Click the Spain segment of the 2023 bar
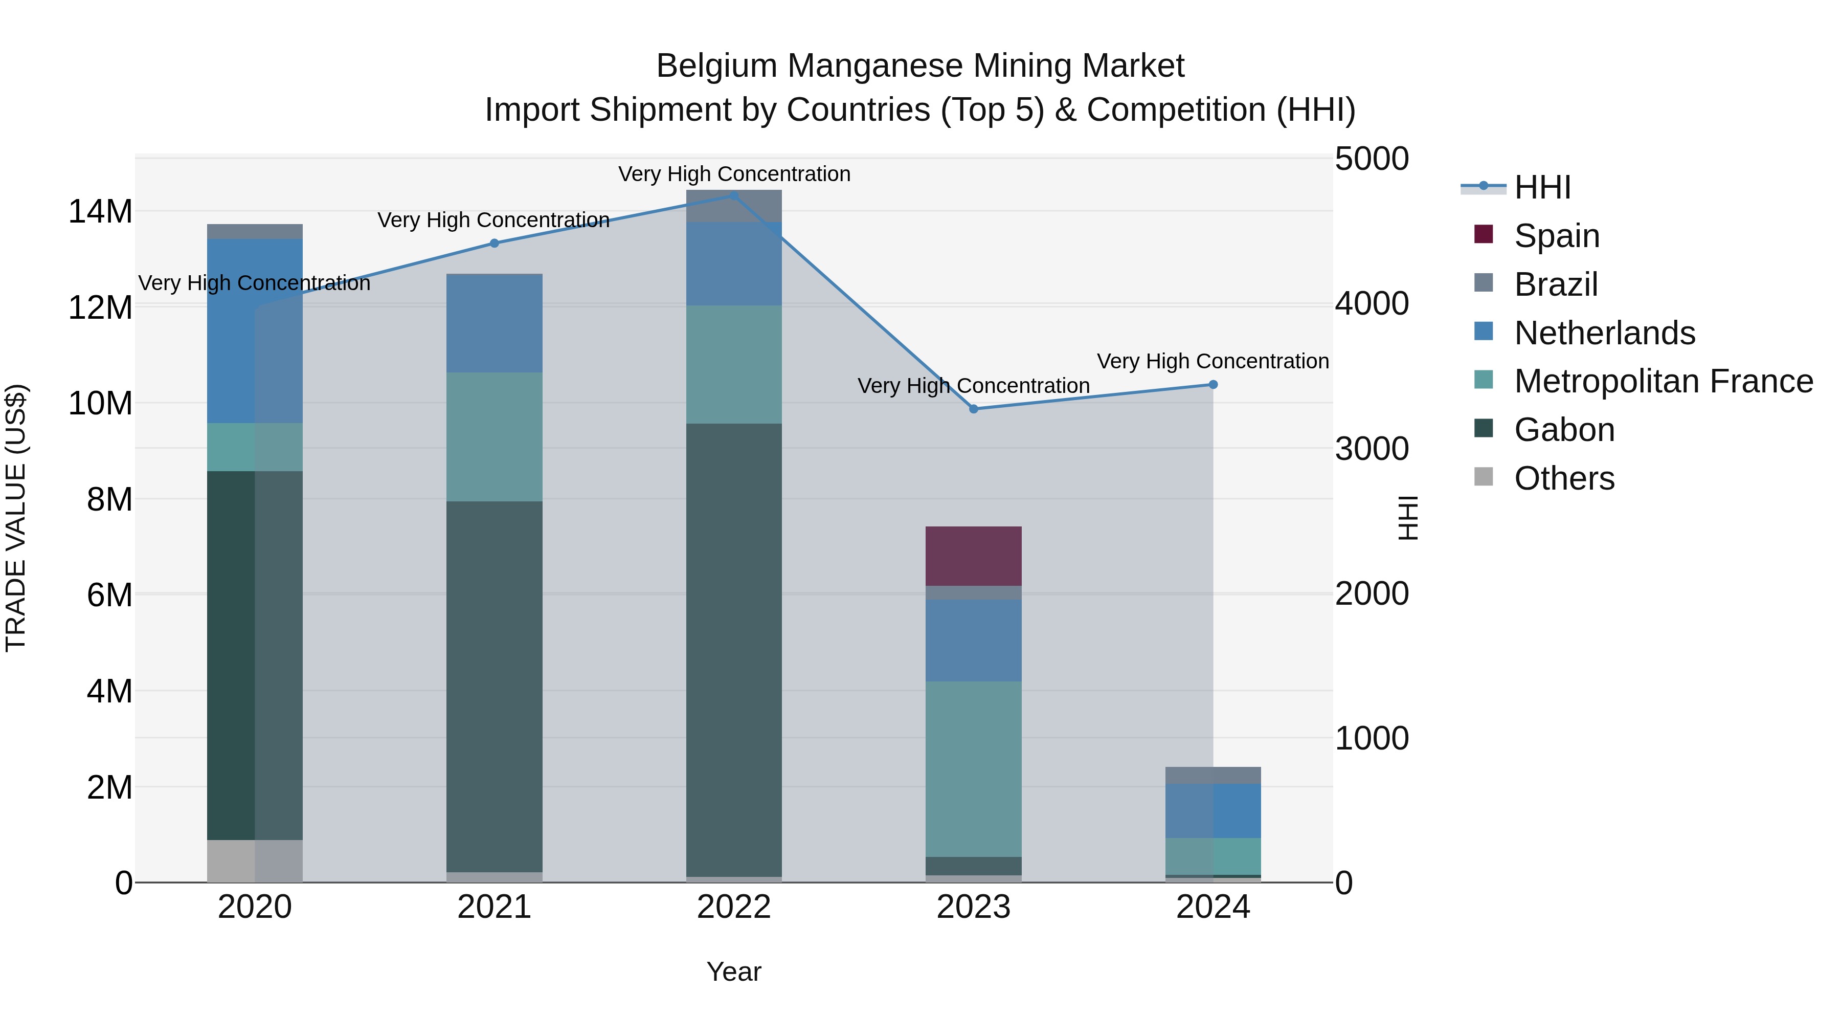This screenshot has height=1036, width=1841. pos(973,556)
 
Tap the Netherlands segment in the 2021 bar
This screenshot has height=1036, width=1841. pos(494,323)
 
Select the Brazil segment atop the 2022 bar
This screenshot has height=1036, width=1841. pos(733,206)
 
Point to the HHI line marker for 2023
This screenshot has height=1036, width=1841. pos(973,409)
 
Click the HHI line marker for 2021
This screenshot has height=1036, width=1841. pos(494,243)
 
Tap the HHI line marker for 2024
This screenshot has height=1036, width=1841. pos(1213,385)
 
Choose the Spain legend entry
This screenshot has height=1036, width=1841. pos(1555,236)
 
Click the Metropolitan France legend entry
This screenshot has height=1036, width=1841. pos(1663,381)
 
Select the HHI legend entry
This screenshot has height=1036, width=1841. pos(1541,187)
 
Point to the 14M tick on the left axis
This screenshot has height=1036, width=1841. pos(100,212)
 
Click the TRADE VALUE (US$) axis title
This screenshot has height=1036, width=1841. pos(16,518)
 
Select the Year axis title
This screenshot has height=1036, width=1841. pos(733,972)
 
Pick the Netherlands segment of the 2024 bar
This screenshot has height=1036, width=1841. pos(1213,811)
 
